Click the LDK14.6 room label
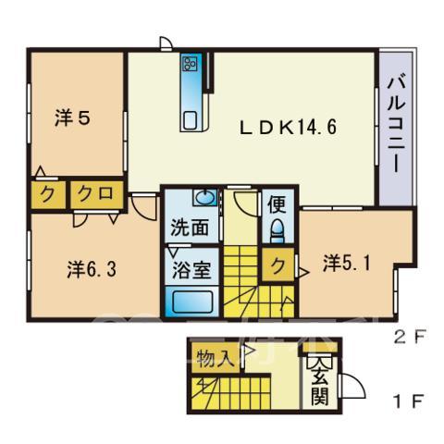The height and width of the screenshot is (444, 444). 288,128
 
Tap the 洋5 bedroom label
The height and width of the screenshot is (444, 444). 72,117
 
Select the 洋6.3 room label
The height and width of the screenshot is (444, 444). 92,269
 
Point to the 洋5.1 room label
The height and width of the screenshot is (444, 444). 346,264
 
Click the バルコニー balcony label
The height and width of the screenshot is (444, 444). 396,124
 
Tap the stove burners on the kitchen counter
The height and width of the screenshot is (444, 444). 190,64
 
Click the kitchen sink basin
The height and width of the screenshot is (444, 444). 190,120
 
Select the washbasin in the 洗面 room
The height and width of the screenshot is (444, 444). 204,197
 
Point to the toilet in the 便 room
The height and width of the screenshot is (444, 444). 277,231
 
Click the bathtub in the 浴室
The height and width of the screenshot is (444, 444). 192,302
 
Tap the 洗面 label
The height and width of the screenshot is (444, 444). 190,228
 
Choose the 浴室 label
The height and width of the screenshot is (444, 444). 191,270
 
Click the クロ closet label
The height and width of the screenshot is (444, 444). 95,194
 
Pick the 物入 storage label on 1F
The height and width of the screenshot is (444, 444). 214,359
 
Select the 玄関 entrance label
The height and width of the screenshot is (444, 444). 319,384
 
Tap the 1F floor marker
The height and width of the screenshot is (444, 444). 411,401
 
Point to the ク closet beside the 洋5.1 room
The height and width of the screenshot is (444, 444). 278,265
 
